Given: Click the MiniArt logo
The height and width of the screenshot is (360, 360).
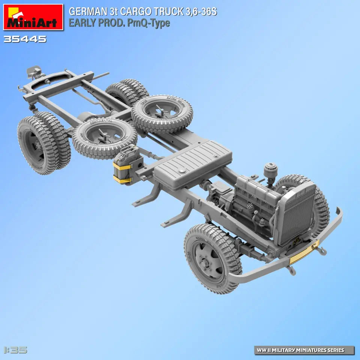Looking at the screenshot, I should coord(33,17).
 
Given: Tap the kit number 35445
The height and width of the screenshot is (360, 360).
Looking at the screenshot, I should coord(25,39).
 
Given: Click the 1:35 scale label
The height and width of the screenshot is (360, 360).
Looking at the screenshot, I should coord(15,350).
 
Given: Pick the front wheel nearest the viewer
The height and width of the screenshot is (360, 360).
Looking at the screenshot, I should coord(212,258).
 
